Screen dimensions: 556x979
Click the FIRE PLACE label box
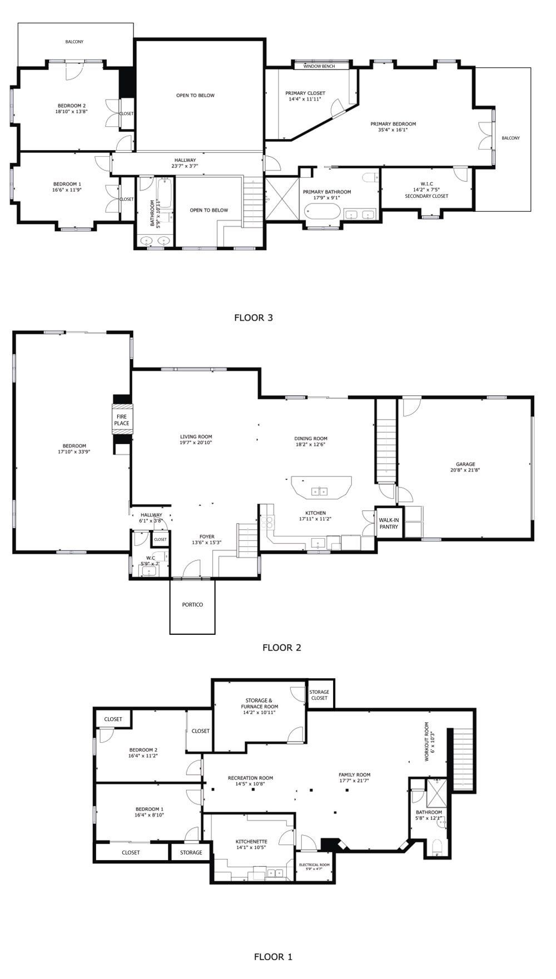pos(122,419)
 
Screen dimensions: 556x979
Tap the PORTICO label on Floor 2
pos(192,604)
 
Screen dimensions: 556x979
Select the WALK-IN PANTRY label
pos(389,523)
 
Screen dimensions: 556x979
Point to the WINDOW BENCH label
pos(319,66)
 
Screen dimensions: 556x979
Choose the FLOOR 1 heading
pos(273,956)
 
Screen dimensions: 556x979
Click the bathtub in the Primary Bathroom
pos(322,212)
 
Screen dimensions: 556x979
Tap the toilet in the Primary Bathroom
pos(370,177)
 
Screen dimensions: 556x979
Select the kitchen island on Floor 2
pos(321,487)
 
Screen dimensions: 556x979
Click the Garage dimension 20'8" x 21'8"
pos(466,470)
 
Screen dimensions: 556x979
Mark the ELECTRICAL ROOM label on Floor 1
pos(314,864)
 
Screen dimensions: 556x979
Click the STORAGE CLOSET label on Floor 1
pos(320,695)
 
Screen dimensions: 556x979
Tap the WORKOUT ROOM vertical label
pos(426,742)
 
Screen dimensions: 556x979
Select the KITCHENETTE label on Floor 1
pos(251,842)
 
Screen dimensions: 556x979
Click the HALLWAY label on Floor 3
pos(185,160)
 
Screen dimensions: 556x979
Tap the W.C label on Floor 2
pos(150,558)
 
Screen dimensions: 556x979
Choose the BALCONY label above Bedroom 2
pos(74,42)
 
